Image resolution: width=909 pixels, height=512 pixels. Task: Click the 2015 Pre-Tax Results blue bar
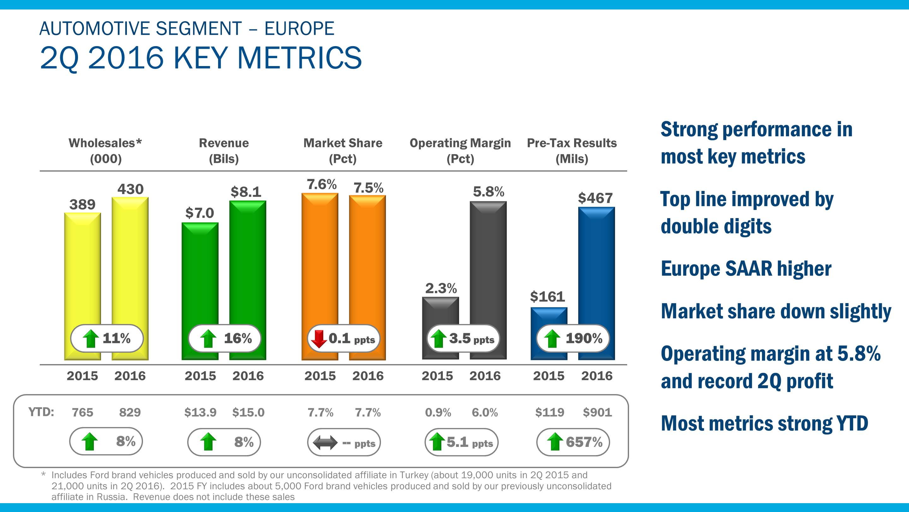(x=549, y=316)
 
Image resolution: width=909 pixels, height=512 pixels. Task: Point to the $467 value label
(x=595, y=198)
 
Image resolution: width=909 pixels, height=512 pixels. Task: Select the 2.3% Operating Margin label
(x=441, y=288)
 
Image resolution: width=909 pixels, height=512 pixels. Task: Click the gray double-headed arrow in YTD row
(x=325, y=443)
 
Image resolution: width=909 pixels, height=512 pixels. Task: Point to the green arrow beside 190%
(x=552, y=338)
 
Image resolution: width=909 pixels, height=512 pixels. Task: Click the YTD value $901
(x=597, y=412)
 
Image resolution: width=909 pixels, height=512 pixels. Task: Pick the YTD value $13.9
(x=200, y=412)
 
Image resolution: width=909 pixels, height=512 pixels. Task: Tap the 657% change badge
(x=573, y=442)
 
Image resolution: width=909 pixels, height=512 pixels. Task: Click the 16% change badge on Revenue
(x=224, y=338)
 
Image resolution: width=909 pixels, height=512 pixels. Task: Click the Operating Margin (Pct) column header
(x=460, y=150)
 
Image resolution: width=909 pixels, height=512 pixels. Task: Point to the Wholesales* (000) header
(x=105, y=150)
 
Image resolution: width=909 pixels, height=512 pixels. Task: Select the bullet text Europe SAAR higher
(x=746, y=269)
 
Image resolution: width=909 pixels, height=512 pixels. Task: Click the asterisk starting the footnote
(x=44, y=474)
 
